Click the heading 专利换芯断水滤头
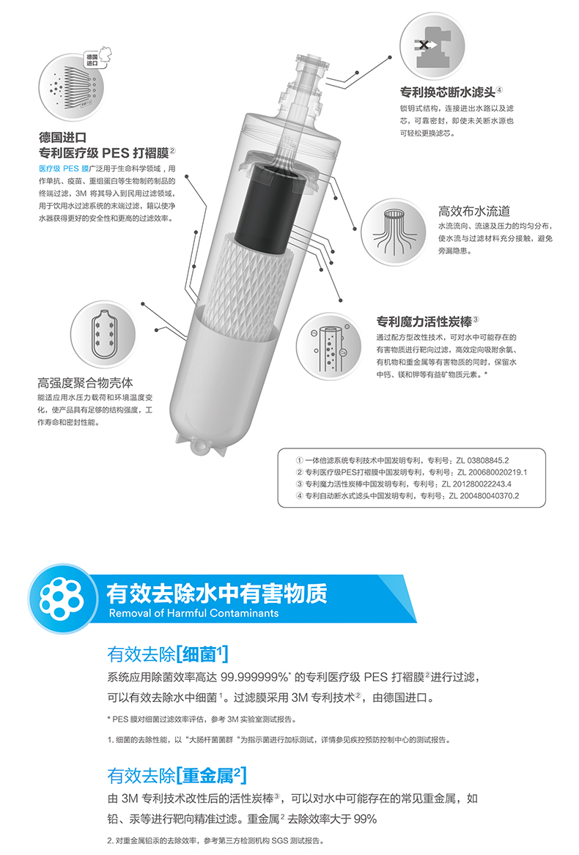point(447,92)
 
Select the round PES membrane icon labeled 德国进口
point(71,86)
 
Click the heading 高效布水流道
point(473,211)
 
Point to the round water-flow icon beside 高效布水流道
point(393,232)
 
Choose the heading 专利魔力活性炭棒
point(424,321)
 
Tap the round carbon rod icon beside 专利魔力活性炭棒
point(329,347)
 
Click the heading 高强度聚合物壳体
point(85,382)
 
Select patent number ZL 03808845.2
point(476,461)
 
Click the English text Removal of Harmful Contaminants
point(193,613)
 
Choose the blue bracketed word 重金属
point(210,775)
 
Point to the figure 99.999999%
point(254,677)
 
